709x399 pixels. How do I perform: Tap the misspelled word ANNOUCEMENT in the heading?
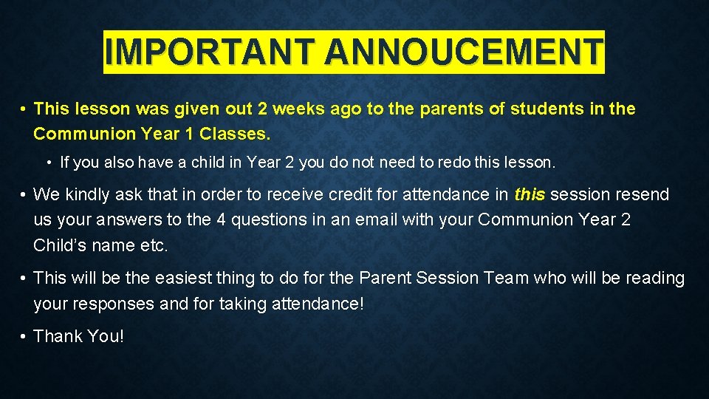tap(463, 52)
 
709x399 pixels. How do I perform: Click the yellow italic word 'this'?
tap(530, 195)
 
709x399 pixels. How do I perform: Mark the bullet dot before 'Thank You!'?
tap(24, 337)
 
